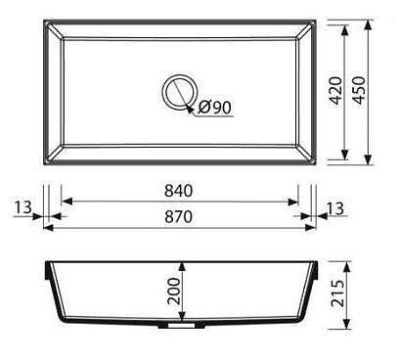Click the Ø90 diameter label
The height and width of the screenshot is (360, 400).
click(215, 107)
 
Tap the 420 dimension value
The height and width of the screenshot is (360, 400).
click(336, 90)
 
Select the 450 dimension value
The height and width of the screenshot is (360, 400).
click(360, 90)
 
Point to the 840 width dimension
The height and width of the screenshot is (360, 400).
click(178, 191)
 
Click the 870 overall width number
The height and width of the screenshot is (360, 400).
click(178, 217)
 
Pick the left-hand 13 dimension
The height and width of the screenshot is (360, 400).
click(22, 206)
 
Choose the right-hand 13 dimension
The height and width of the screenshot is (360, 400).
click(335, 208)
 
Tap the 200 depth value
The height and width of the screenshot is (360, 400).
click(173, 291)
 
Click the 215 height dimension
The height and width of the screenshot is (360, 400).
click(337, 293)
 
